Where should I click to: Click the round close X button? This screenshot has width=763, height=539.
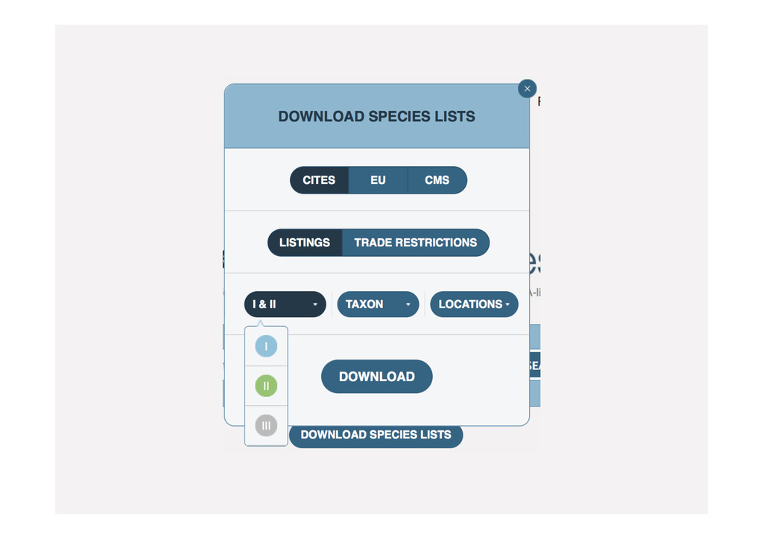[x=527, y=89]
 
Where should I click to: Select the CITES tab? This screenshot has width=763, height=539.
[x=319, y=180]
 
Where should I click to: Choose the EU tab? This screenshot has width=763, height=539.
[x=378, y=180]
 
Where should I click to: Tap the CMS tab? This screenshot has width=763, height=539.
[x=437, y=180]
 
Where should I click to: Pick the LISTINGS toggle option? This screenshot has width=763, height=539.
[x=305, y=243]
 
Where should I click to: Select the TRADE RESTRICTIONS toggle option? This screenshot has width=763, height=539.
[x=415, y=243]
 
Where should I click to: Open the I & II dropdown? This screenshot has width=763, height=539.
[x=285, y=304]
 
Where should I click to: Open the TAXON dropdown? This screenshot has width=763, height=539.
[x=378, y=304]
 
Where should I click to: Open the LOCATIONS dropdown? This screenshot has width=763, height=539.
[x=474, y=304]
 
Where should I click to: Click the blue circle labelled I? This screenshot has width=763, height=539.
[x=266, y=346]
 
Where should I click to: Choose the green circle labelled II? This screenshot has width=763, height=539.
[x=266, y=386]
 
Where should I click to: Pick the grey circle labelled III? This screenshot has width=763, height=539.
[x=266, y=425]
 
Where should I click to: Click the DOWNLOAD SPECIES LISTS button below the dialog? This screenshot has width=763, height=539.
[x=376, y=435]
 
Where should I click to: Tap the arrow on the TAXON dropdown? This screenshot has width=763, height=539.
[x=408, y=304]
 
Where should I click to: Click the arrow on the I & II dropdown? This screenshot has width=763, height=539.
[x=315, y=304]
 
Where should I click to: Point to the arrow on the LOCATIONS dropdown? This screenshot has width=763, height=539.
[x=507, y=304]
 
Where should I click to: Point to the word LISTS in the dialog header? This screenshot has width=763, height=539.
[x=456, y=117]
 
